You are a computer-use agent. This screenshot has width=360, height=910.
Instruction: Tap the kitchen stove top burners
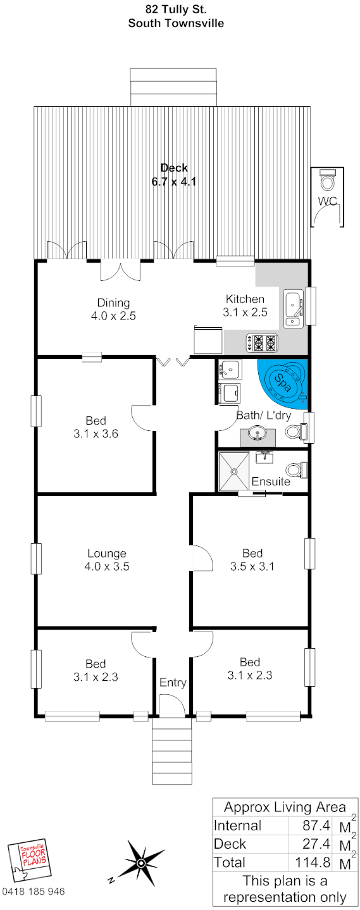(x=262, y=342)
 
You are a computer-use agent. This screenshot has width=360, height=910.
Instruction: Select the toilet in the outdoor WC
(x=327, y=180)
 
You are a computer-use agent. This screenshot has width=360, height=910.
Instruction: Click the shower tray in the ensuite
(x=233, y=471)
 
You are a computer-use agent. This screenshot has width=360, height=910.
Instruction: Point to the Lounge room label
(x=107, y=553)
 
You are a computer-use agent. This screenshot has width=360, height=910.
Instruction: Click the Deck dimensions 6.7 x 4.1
(x=174, y=181)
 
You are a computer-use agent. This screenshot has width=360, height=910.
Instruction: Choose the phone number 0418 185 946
(x=34, y=891)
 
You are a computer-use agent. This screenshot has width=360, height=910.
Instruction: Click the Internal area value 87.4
(x=316, y=825)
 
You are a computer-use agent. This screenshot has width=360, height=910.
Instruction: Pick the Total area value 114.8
(x=313, y=862)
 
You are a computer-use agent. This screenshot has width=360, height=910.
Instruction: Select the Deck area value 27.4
(x=316, y=844)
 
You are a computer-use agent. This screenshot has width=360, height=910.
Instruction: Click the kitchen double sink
(x=293, y=309)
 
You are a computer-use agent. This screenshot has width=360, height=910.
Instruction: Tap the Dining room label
(x=113, y=302)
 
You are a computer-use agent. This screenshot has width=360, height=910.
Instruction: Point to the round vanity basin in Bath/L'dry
(x=257, y=433)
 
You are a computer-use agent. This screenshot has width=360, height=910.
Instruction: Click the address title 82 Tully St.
(x=176, y=9)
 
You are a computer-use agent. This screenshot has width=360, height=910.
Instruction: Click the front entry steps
(x=172, y=751)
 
